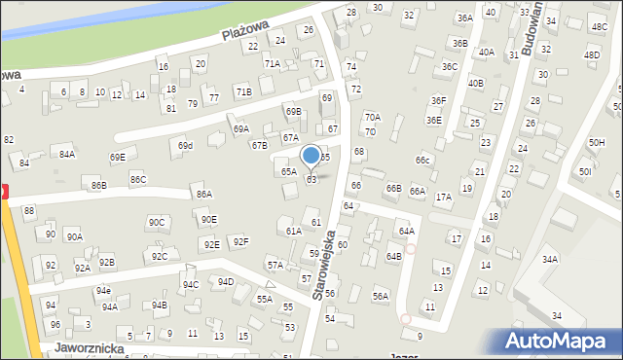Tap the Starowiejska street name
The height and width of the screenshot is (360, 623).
coord(325,264)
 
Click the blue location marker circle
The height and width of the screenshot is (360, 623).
coord(311,155)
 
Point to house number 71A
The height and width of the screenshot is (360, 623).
coord(273,63)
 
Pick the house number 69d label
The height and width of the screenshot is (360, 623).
coord(185,146)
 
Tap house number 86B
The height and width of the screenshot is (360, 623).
coord(98,185)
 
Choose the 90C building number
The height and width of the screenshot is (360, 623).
coord(157,222)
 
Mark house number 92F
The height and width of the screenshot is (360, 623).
coord(239,241)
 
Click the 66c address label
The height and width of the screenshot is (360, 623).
coord(421,160)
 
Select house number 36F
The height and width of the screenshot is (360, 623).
coord(439,100)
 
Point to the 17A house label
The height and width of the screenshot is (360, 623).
coord(443,197)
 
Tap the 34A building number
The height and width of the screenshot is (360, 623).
coord(550,259)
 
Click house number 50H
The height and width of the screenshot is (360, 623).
coord(596,143)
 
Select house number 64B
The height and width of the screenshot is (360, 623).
coord(393,256)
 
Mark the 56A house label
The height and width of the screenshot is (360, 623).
coord(381,296)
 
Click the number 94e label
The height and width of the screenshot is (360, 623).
coord(102,290)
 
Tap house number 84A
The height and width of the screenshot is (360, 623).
coord(66,154)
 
